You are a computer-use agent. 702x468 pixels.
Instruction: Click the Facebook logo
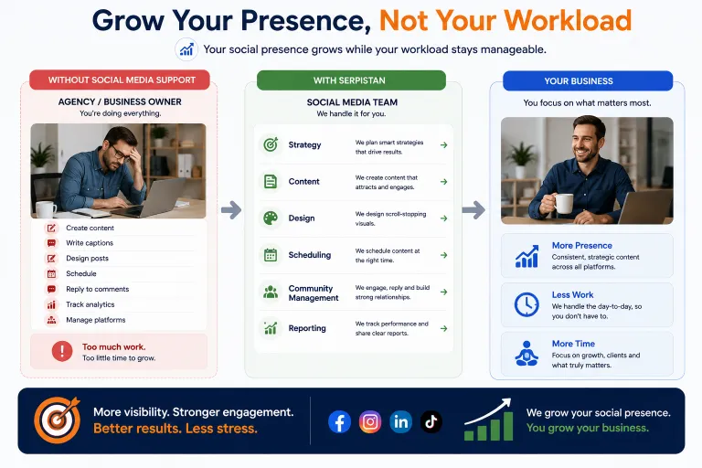[339, 421]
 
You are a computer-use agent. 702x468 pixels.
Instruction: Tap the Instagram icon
[370, 421]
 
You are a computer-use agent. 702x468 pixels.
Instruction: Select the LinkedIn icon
[400, 421]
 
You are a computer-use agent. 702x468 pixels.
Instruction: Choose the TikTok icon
[431, 421]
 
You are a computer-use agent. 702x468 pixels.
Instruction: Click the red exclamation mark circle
[62, 351]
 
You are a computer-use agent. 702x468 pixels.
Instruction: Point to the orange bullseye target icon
[58, 420]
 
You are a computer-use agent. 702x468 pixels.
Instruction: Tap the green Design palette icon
[271, 218]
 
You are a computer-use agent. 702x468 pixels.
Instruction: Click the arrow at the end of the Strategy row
[443, 145]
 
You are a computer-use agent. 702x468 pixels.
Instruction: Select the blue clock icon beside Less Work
[526, 304]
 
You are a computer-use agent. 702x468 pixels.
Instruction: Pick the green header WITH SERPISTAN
[351, 80]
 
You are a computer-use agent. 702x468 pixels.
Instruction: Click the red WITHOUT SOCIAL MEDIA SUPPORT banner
[120, 80]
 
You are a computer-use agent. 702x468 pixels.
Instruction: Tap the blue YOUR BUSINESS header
[588, 81]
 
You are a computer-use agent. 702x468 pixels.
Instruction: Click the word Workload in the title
[568, 21]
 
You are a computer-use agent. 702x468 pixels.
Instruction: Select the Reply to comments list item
[97, 289]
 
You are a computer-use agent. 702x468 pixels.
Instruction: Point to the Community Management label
[313, 292]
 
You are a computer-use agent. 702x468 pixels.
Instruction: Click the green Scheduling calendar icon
[271, 255]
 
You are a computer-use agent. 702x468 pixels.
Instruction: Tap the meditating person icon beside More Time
[526, 354]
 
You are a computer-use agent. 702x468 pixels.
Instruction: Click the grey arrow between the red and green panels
[231, 209]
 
